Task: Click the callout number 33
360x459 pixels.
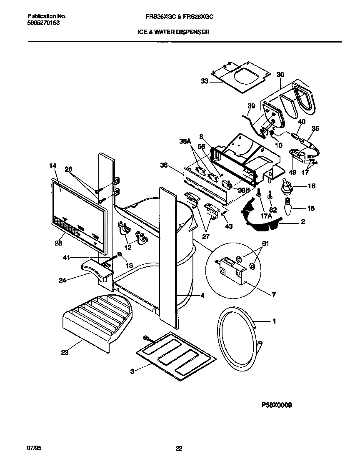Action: coord(204,82)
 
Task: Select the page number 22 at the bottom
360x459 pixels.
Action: coord(179,449)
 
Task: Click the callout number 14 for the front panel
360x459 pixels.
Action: coord(52,166)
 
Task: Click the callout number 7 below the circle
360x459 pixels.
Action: coord(274,295)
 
